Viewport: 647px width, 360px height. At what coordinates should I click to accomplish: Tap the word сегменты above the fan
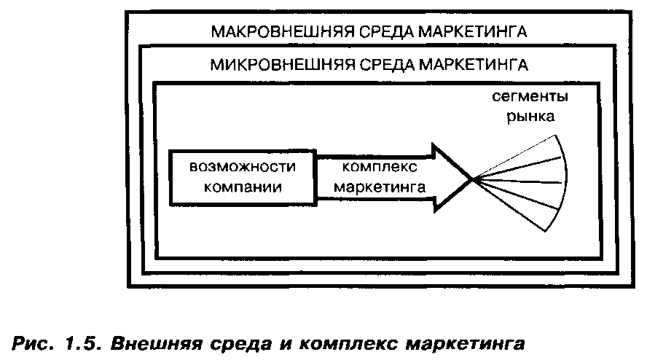pyautogui.click(x=529, y=97)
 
